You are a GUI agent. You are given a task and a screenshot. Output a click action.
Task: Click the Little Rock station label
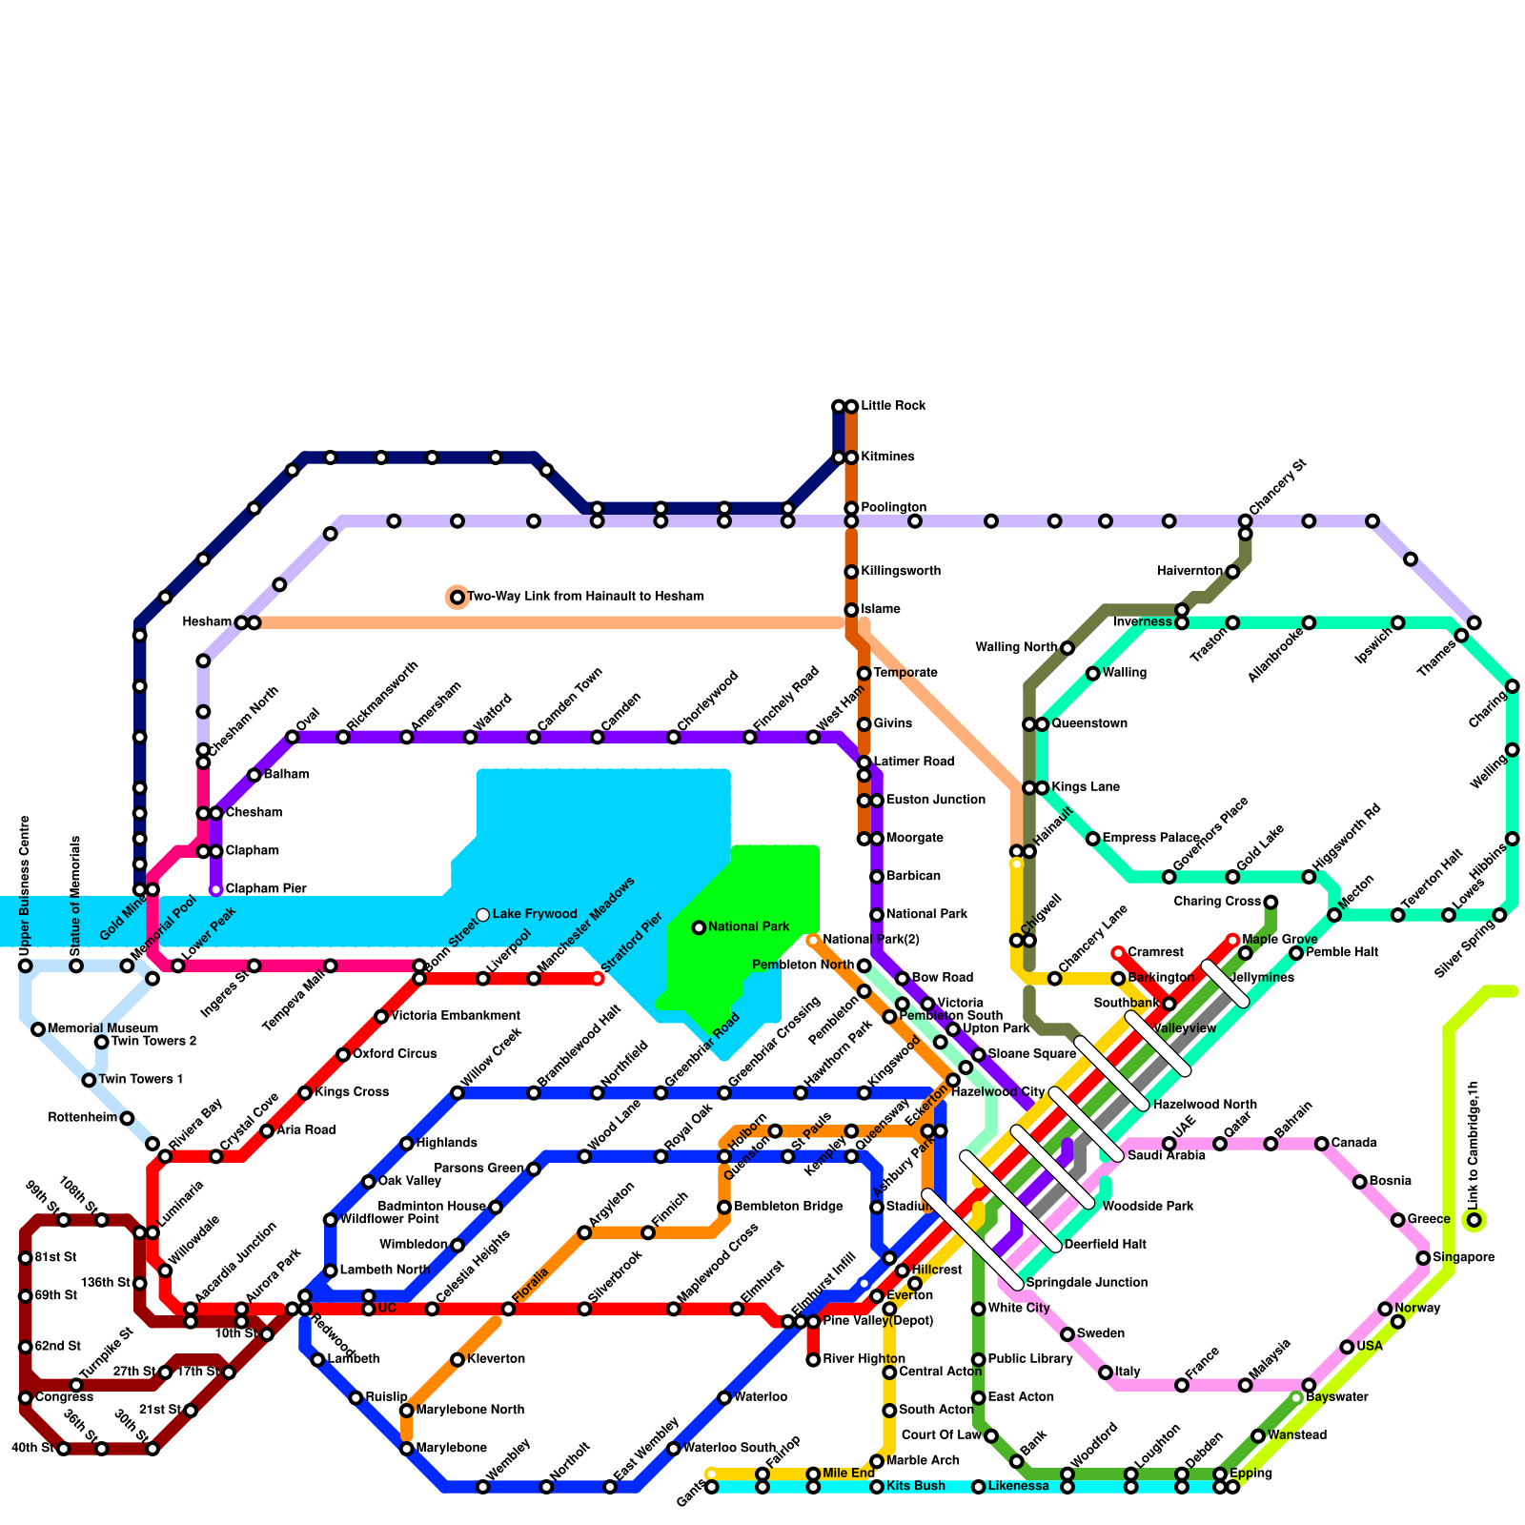pyautogui.click(x=893, y=406)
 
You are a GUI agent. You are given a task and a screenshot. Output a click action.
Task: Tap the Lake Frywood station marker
pyautogui.click(x=483, y=915)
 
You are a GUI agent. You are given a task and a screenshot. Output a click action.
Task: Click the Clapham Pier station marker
pyautogui.click(x=216, y=889)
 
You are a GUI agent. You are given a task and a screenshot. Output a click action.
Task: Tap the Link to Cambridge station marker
pyautogui.click(x=1474, y=1220)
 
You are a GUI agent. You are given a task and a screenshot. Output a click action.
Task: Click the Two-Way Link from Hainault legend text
pyautogui.click(x=585, y=597)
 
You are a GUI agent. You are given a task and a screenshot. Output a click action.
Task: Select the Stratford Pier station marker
pyautogui.click(x=598, y=979)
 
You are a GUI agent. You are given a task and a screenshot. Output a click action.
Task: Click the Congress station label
pyautogui.click(x=64, y=1397)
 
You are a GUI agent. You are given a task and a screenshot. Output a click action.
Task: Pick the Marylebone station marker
pyautogui.click(x=407, y=1449)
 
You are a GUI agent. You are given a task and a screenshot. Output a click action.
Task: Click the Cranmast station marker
pyautogui.click(x=1118, y=953)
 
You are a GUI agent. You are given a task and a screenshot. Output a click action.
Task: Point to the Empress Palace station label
pyautogui.click(x=1150, y=839)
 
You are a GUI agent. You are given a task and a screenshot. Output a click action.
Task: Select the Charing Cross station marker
pyautogui.click(x=1271, y=903)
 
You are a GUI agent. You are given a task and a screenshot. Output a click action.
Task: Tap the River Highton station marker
pyautogui.click(x=813, y=1360)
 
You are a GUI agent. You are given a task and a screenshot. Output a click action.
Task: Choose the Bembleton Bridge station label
pyautogui.click(x=788, y=1207)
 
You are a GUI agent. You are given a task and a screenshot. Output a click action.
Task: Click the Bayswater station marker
pyautogui.click(x=1296, y=1398)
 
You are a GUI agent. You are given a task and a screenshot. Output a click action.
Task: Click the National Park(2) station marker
pyautogui.click(x=813, y=941)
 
